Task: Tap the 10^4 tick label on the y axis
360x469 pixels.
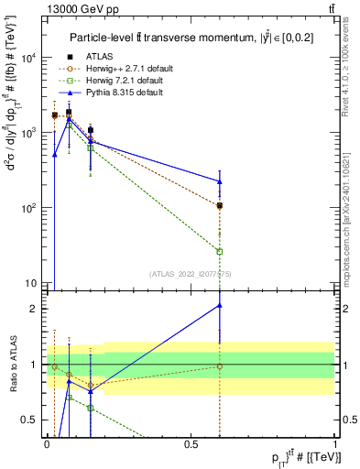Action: [28, 57]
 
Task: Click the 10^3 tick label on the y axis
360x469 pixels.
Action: [28, 133]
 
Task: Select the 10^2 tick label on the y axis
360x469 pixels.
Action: [28, 208]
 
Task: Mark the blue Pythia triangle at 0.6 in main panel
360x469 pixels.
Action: [220, 181]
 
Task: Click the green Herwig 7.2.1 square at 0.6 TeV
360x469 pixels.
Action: [220, 251]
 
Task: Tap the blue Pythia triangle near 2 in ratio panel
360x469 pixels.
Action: [220, 305]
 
